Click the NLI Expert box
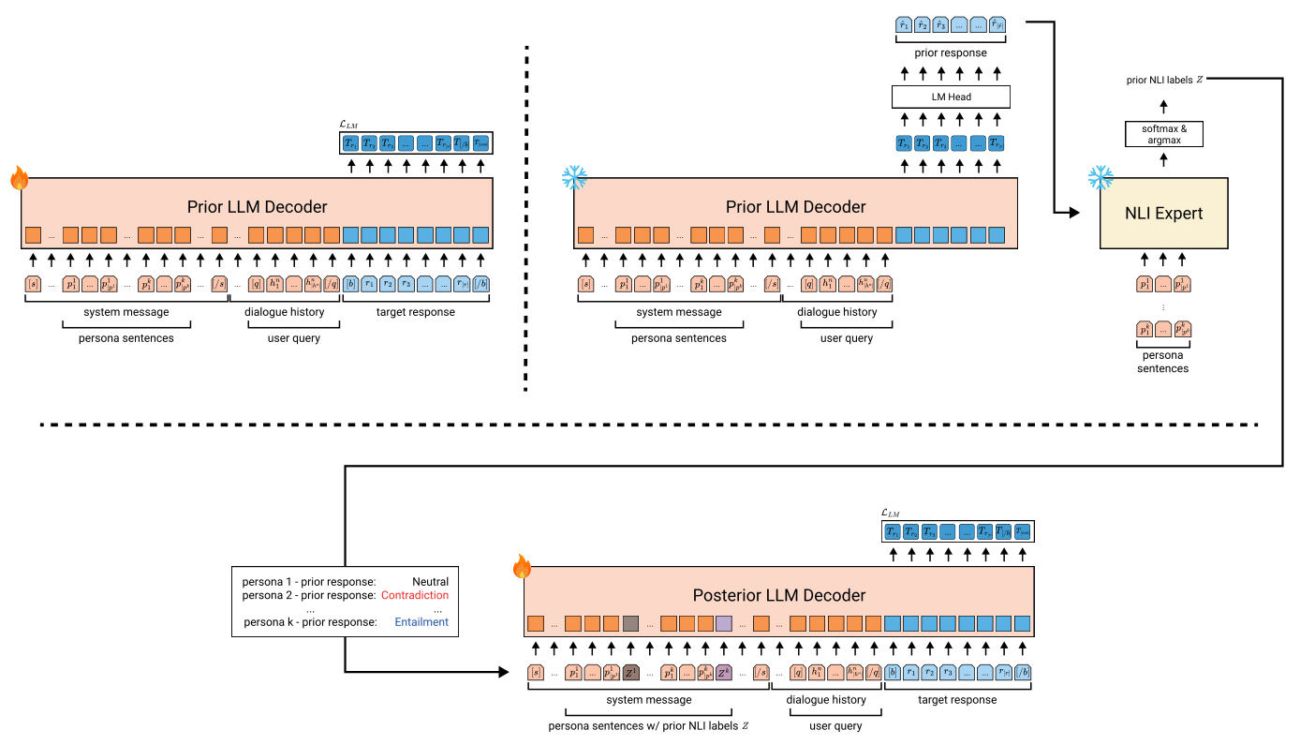[1163, 214]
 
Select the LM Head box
[950, 97]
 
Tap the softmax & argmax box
[1163, 134]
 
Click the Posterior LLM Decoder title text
[778, 595]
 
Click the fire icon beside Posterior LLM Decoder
[522, 566]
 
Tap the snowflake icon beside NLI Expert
[1100, 178]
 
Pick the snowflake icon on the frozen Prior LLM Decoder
[573, 178]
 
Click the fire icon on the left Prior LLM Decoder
[20, 178]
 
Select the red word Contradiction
[414, 595]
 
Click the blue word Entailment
[421, 621]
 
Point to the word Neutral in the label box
[430, 582]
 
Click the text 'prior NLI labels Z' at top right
[1164, 80]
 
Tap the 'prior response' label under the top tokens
[950, 53]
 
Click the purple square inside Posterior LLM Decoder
[723, 622]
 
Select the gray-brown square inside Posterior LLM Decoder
[630, 622]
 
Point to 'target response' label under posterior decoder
[957, 700]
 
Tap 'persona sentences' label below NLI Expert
[1162, 362]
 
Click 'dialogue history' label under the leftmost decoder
[285, 312]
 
